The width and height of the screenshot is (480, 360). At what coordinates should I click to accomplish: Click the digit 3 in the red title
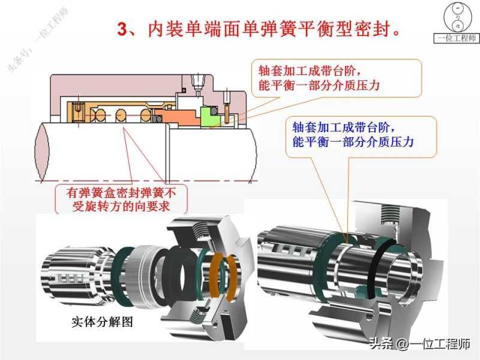(x=122, y=29)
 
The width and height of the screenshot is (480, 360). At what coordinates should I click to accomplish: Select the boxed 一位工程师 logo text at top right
(x=456, y=38)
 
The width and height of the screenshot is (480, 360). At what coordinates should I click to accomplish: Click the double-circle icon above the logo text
(x=458, y=17)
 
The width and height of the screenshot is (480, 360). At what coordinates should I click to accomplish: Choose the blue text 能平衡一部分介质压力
(x=353, y=142)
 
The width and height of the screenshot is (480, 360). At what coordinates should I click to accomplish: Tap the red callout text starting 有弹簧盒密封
(x=121, y=200)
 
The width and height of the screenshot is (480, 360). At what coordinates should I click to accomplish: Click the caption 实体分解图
(x=102, y=322)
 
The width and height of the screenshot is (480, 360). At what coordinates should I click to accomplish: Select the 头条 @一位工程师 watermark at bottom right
(x=419, y=344)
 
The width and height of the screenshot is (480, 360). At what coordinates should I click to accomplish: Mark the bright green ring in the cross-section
(x=208, y=116)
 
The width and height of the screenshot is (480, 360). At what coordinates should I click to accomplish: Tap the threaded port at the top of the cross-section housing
(x=197, y=83)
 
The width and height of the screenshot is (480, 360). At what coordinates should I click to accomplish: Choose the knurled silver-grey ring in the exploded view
(x=143, y=277)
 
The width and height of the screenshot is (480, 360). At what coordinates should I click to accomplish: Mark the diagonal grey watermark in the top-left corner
(x=37, y=40)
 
